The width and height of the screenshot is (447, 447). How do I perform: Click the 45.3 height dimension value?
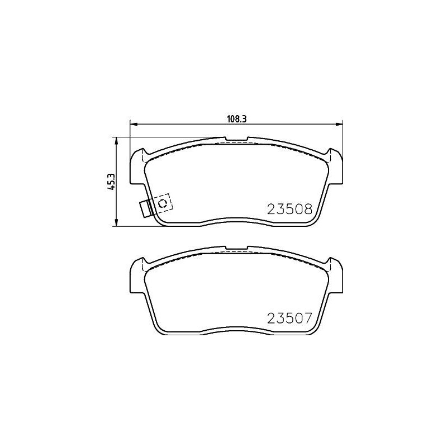[111, 182]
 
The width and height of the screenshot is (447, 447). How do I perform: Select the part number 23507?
[289, 319]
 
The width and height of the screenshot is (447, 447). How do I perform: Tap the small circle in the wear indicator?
[163, 203]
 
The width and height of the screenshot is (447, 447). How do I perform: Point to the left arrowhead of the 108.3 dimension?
[132, 124]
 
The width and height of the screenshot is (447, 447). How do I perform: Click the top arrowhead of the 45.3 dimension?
[116, 139]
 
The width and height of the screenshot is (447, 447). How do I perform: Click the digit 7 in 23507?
[306, 319]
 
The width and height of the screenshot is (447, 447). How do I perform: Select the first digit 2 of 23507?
[272, 319]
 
